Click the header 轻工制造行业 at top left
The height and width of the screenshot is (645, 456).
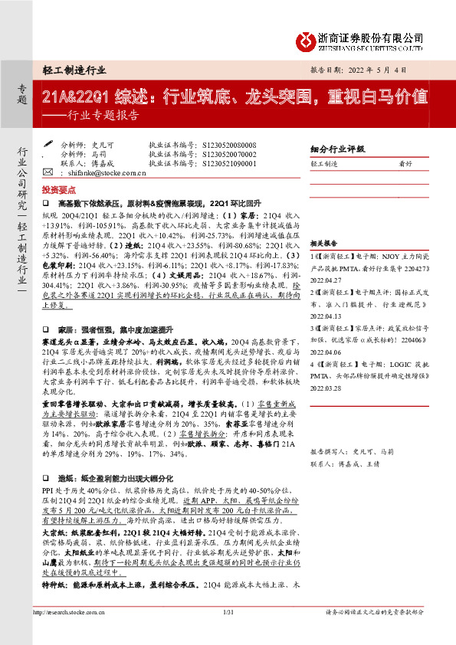(74, 70)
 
